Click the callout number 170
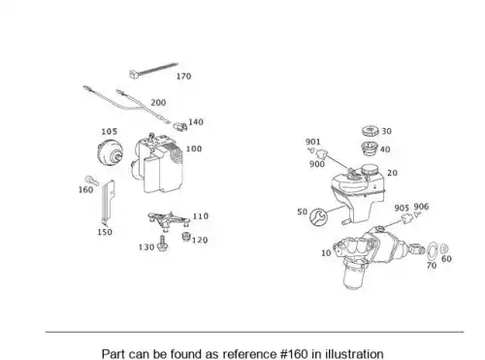(183, 77)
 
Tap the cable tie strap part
(153, 70)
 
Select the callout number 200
(158, 103)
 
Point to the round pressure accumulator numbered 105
(111, 151)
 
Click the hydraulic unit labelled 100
(157, 164)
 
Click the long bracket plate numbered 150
(108, 203)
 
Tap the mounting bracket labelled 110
(168, 221)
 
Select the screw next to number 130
(162, 244)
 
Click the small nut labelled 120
(186, 237)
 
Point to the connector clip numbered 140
(180, 126)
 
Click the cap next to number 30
(370, 131)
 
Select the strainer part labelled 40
(369, 148)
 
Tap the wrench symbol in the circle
(317, 216)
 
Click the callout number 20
(392, 173)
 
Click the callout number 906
(421, 207)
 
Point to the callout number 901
(313, 142)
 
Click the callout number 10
(326, 253)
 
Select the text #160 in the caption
(294, 354)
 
